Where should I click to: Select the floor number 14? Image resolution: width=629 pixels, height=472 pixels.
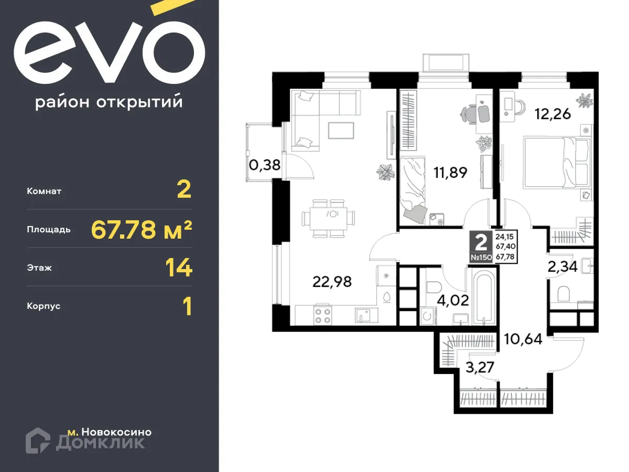(x=179, y=268)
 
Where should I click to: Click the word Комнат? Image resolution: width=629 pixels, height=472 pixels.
(x=44, y=191)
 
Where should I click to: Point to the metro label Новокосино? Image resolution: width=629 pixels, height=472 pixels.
(x=110, y=432)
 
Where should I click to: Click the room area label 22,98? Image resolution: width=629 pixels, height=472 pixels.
(x=332, y=282)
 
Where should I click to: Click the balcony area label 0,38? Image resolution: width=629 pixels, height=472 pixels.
(x=265, y=165)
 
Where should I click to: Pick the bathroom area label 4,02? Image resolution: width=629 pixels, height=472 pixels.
(x=452, y=302)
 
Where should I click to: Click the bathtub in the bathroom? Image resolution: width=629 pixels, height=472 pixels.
(x=482, y=296)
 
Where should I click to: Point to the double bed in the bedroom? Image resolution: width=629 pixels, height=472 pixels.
(x=557, y=163)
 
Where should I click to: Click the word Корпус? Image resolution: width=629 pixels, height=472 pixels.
(x=44, y=306)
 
